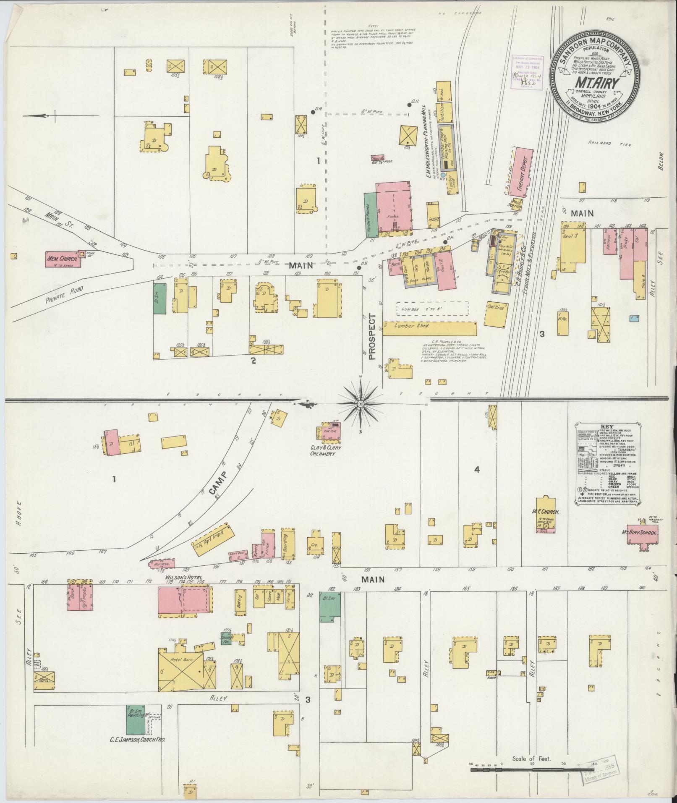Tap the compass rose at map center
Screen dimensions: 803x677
pyautogui.click(x=360, y=403)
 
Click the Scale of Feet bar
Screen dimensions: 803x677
pyautogui.click(x=529, y=770)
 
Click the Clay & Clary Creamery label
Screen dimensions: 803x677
pyautogui.click(x=326, y=450)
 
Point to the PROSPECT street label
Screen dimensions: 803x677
pyautogui.click(x=372, y=336)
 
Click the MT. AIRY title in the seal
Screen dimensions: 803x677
pyautogui.click(x=595, y=82)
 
